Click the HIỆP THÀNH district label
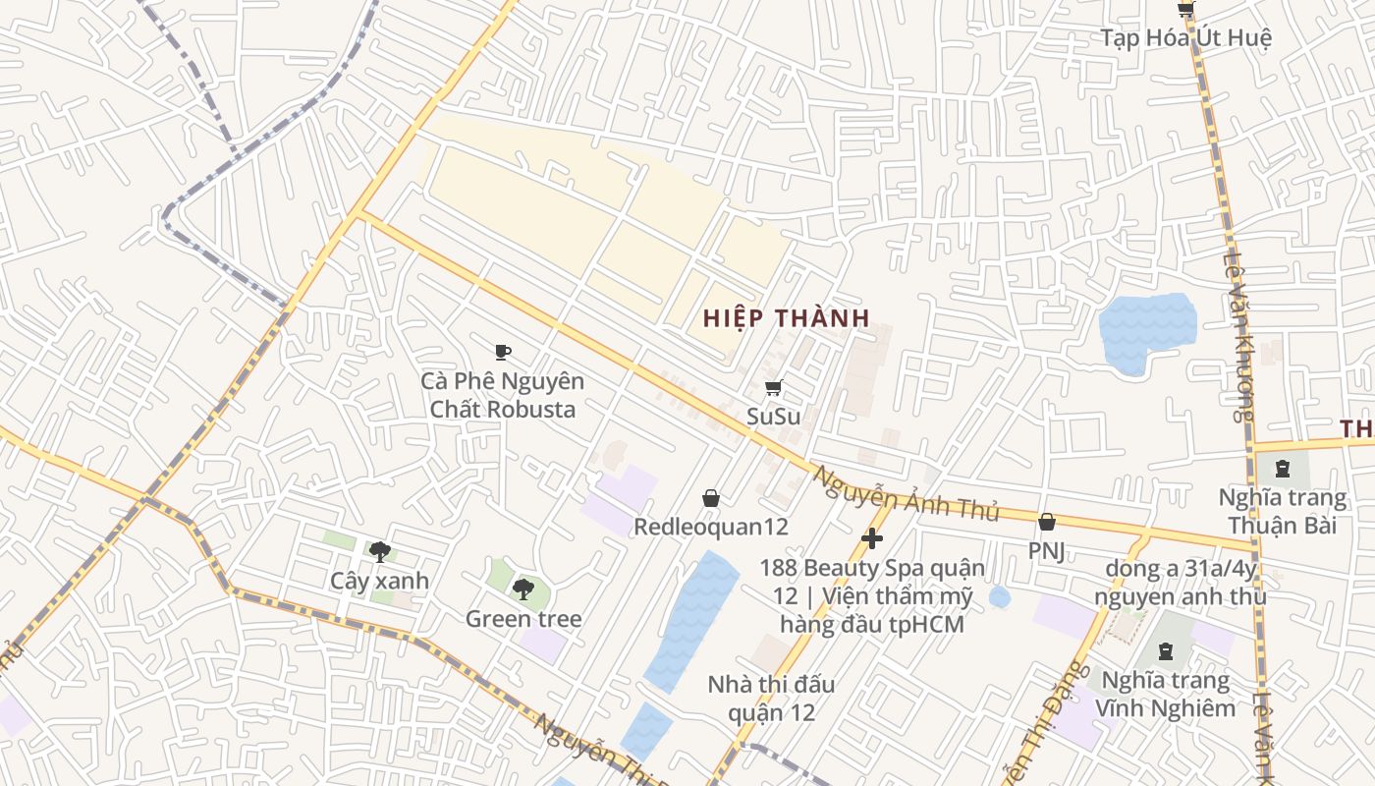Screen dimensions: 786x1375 point(786,318)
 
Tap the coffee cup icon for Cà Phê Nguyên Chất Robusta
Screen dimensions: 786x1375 point(503,352)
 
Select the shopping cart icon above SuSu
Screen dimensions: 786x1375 point(773,388)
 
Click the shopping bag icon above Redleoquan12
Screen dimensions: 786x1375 point(711,499)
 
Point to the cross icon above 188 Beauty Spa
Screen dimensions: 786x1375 point(871,538)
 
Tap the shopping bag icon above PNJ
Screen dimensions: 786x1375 point(1047,522)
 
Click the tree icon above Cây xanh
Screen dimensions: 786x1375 point(379,552)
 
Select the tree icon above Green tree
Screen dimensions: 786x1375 point(523,589)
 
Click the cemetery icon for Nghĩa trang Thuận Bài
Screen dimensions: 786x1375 point(1283,469)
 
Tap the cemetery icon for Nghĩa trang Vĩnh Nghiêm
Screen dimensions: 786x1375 point(1166,651)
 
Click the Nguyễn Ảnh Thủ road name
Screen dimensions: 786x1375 point(905,494)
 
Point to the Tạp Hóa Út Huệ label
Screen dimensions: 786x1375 point(1185,38)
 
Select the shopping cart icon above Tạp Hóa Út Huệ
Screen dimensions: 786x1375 point(1185,10)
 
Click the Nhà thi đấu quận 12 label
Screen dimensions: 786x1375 point(772,698)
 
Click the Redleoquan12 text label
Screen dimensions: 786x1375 point(711,527)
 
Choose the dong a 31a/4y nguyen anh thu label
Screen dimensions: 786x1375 point(1180,582)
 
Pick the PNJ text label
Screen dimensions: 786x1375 point(1047,550)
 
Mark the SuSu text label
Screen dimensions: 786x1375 point(773,416)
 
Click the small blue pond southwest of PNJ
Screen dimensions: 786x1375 point(999,596)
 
